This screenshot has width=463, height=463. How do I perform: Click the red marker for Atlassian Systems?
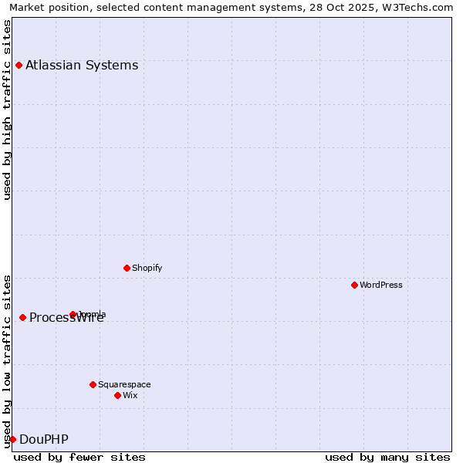click(19, 65)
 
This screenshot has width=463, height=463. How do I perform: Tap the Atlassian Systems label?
click(82, 65)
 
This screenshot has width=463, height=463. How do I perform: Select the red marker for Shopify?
click(127, 268)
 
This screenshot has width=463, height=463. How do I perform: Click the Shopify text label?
click(147, 268)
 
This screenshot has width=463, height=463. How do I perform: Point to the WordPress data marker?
click(354, 285)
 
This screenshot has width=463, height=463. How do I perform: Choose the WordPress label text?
click(380, 285)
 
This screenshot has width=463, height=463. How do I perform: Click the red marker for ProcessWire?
click(22, 317)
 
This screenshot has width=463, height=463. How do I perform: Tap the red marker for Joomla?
click(73, 314)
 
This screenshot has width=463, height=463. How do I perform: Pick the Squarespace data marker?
click(93, 384)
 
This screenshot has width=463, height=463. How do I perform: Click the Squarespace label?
click(124, 384)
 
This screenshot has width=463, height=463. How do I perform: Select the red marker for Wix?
click(117, 395)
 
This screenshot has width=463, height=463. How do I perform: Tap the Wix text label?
click(130, 395)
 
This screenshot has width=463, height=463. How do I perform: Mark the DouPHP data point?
click(12, 439)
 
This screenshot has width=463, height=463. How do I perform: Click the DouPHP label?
click(43, 439)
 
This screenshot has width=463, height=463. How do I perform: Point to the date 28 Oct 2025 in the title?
click(333, 8)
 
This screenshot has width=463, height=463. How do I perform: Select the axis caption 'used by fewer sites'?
click(79, 457)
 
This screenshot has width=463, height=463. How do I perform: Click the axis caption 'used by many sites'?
click(387, 457)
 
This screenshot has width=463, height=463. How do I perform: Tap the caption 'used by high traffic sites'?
click(8, 110)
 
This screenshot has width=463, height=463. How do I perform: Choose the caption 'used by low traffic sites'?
click(8, 360)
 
